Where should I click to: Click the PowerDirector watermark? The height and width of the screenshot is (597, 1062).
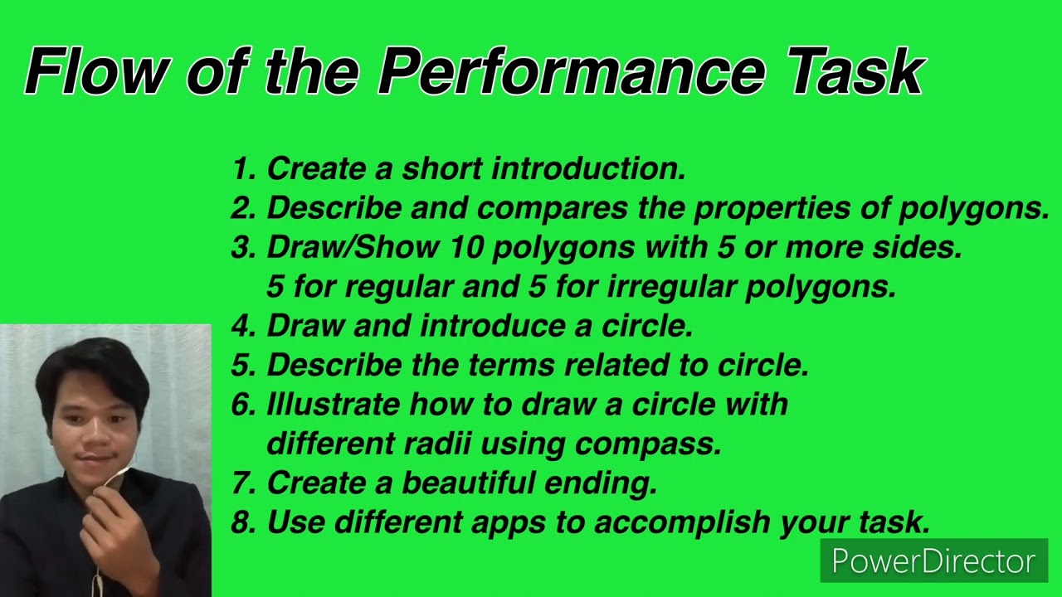pyautogui.click(x=933, y=561)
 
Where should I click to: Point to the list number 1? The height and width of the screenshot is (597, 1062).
pyautogui.click(x=242, y=169)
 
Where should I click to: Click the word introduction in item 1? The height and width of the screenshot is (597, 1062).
pyautogui.click(x=588, y=169)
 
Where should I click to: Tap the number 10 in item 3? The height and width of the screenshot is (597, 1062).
pyautogui.click(x=470, y=247)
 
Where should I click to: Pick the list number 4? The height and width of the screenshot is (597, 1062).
pyautogui.click(x=242, y=326)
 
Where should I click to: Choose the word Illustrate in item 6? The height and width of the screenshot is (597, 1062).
pyautogui.click(x=333, y=405)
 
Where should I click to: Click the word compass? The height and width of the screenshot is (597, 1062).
pyautogui.click(x=648, y=444)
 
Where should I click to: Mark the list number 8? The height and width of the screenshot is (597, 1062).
pyautogui.click(x=242, y=522)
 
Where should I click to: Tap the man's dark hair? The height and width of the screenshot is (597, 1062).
pyautogui.click(x=91, y=365)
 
